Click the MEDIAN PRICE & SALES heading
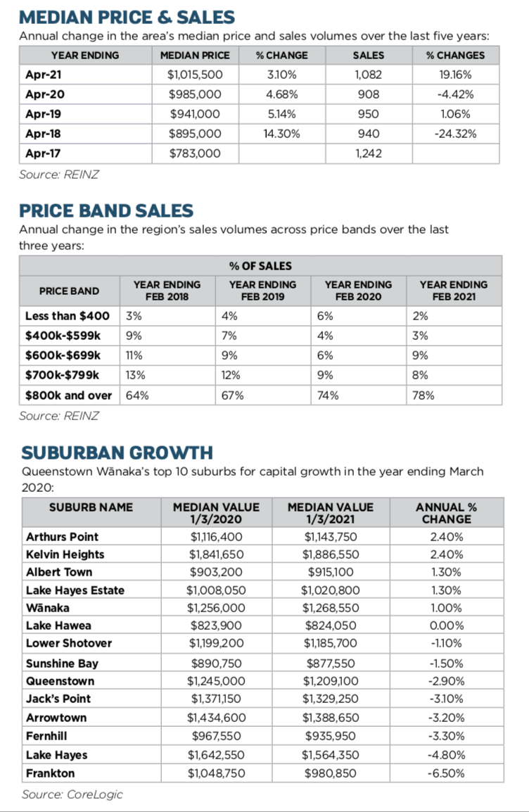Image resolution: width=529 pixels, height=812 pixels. pos(127,16)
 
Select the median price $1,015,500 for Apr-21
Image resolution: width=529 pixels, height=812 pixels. pos(195,75)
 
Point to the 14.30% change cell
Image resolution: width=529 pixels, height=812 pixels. pos(281,134)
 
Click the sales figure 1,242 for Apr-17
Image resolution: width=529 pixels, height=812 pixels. pos(369,153)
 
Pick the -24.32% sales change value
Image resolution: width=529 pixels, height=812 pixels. pos(455,134)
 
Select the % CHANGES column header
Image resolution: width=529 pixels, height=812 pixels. pos(455,55)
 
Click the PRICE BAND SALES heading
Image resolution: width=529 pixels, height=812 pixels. pos(106,210)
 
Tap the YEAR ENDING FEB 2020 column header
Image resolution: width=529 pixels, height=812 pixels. pos(358,291)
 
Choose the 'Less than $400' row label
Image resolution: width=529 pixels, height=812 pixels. pos(68,317)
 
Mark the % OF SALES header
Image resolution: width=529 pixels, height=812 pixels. pos(260,266)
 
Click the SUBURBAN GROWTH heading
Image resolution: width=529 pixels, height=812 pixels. pos(117,452)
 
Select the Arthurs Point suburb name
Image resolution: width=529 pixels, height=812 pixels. pos(63,537)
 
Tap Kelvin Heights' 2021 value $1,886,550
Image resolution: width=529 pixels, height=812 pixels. pos(331,554)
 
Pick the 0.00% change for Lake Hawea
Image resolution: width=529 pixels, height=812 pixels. pos(446,626)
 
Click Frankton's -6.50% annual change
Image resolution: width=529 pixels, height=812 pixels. pos(446,773)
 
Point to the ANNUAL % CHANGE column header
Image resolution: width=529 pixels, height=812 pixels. pos(446,513)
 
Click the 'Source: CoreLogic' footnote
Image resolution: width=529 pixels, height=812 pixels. pos(72,794)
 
